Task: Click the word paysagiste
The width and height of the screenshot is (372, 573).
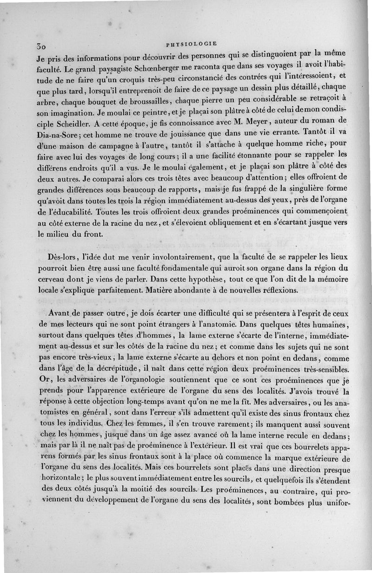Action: pos(102,71)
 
